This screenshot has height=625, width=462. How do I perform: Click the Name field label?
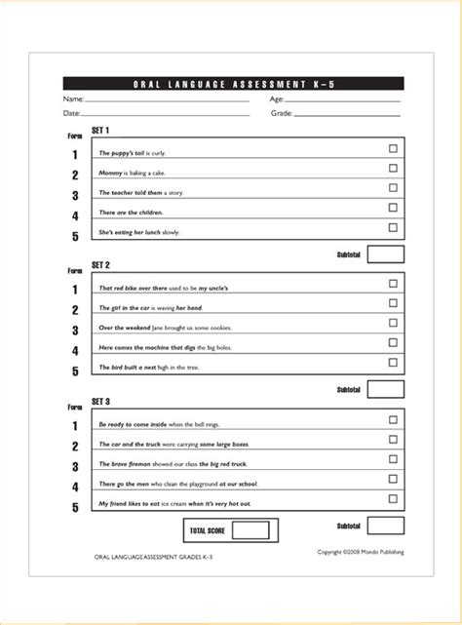(x=72, y=99)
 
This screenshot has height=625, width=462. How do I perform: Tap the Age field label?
(x=277, y=99)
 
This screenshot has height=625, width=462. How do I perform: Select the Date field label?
(x=71, y=114)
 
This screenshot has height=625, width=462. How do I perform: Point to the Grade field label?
(x=281, y=114)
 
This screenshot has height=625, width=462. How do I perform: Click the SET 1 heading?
(x=100, y=131)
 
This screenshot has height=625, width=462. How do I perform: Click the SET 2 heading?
(x=100, y=265)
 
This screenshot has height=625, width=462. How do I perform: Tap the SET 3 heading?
(x=100, y=402)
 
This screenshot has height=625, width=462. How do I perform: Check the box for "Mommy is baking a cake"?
(x=393, y=169)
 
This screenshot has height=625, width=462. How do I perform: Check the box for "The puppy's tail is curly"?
(x=393, y=149)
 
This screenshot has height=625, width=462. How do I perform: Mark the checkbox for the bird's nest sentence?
(x=393, y=363)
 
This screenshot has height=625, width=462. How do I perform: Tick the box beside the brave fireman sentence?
(x=393, y=459)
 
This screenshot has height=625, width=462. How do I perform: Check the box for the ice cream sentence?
(x=393, y=498)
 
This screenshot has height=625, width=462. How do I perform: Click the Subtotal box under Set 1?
(x=386, y=254)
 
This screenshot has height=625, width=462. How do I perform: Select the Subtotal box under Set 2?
(x=386, y=389)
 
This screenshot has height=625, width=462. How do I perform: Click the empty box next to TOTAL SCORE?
(x=250, y=530)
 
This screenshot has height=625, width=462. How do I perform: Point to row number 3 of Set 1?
(x=75, y=196)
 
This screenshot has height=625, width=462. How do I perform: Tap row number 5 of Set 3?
(x=75, y=507)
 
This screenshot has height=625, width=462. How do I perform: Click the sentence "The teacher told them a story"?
(x=140, y=193)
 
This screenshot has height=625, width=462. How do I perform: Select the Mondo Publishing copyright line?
(x=360, y=552)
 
